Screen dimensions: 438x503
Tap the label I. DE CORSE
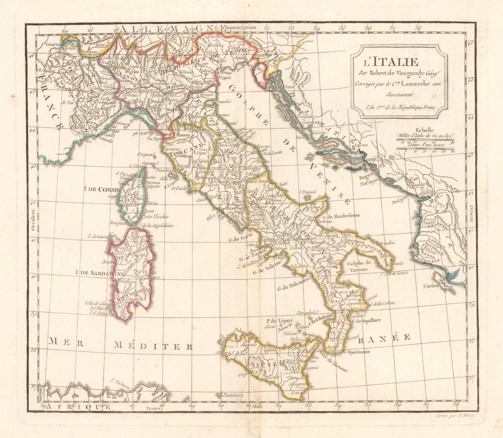100,189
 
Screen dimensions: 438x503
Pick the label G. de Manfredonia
342,216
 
